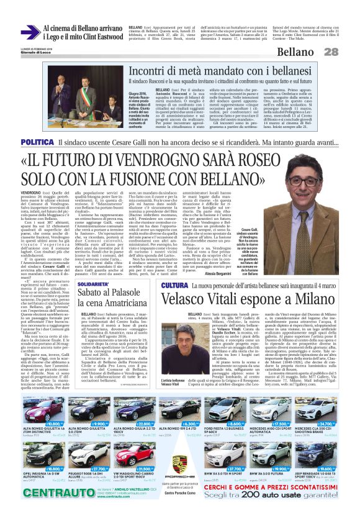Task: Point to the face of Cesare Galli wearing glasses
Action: point(306,185)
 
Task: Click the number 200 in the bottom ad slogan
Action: point(268,501)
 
